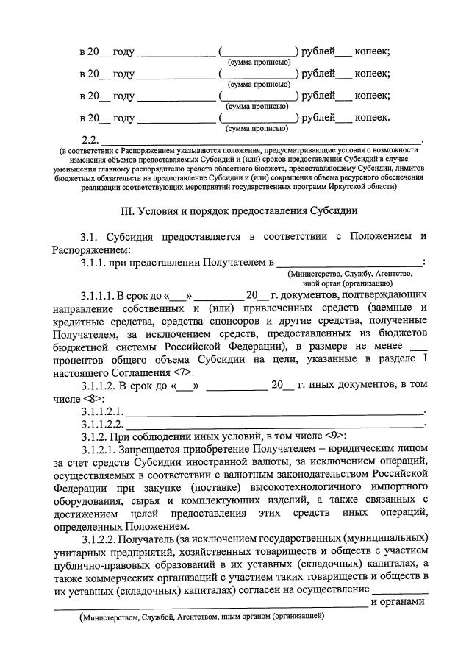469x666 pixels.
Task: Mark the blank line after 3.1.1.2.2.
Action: point(275,424)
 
